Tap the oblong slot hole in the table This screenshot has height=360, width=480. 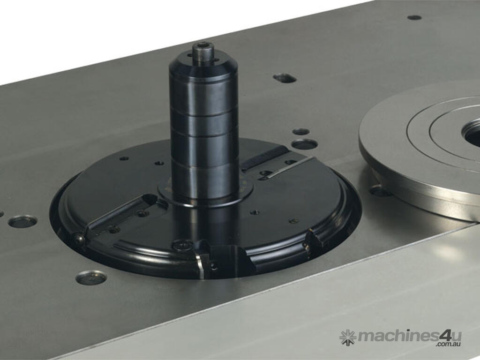285,78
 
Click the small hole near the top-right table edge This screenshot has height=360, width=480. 414,17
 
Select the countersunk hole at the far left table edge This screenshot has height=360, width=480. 1,213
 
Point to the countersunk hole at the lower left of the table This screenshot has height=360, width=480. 91,277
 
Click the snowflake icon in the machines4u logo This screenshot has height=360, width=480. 348,337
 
